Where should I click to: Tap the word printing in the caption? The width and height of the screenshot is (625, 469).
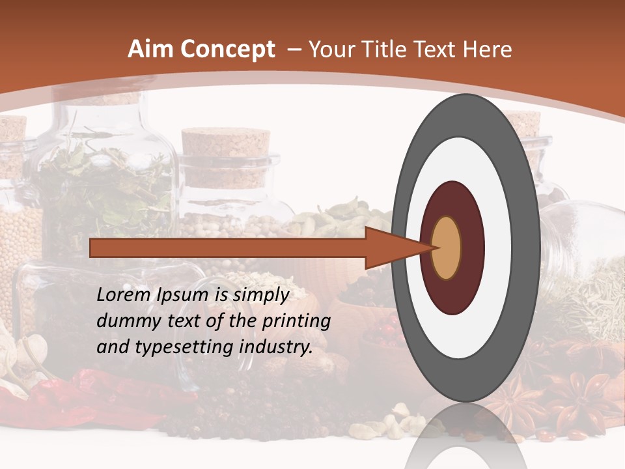click(x=296, y=321)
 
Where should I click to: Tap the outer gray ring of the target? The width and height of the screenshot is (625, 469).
click(x=529, y=248)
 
